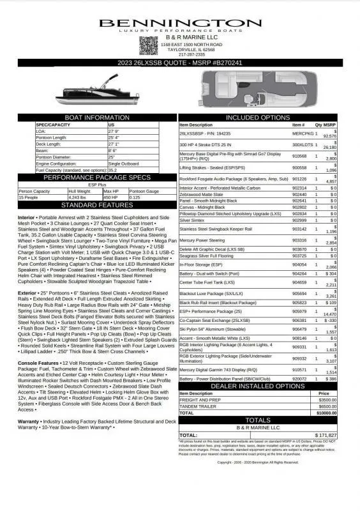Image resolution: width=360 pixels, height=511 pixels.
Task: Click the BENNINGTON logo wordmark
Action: coord(179,24)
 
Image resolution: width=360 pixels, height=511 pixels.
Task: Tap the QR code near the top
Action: coord(148,45)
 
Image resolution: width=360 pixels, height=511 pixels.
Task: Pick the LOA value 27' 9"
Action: coord(116,131)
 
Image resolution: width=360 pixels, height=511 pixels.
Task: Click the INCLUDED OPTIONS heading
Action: coord(258,118)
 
